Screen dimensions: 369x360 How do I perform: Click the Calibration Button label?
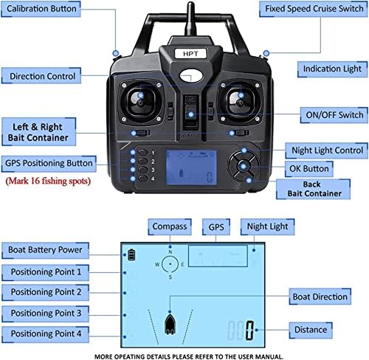click(x=41, y=9)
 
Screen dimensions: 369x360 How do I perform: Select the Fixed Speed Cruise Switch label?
click(x=314, y=9)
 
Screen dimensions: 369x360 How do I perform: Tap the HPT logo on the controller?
click(x=190, y=54)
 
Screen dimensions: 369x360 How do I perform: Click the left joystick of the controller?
click(x=140, y=102)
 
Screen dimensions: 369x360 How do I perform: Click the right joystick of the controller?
click(x=240, y=102)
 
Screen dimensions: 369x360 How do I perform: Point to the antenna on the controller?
click(x=191, y=20)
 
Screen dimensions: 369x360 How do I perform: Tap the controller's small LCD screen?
click(x=191, y=167)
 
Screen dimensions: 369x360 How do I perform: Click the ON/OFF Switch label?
click(x=334, y=115)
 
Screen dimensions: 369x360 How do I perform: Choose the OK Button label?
click(x=309, y=169)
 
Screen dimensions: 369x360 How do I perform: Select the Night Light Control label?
click(x=327, y=150)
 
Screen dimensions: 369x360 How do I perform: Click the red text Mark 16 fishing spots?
click(x=48, y=181)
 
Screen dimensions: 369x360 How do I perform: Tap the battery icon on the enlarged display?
click(x=131, y=255)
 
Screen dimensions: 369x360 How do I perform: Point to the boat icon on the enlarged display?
click(x=170, y=324)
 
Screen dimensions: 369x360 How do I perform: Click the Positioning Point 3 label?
click(x=46, y=314)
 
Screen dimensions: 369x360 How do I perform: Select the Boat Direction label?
click(x=320, y=297)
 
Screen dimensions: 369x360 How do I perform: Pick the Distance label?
click(x=311, y=330)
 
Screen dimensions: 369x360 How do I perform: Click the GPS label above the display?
click(x=216, y=226)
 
